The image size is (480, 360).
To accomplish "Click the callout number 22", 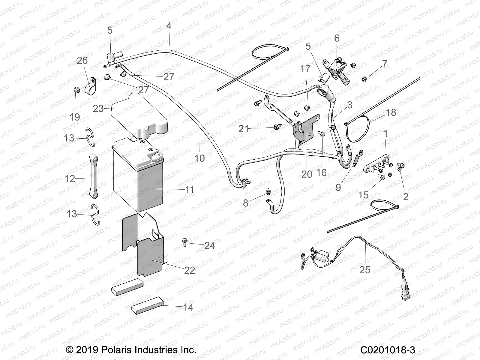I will (190, 270).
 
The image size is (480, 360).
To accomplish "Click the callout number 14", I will (188, 307).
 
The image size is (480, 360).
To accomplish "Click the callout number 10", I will (199, 158).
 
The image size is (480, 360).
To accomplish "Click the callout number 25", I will (365, 270).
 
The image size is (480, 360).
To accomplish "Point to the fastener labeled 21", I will (275, 127).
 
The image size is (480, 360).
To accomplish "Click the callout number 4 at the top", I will (169, 26).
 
